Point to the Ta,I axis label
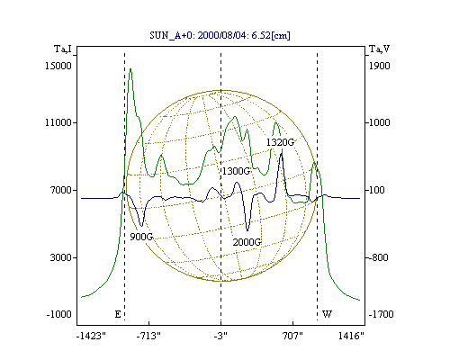point(63,49)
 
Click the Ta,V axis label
point(380,49)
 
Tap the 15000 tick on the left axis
point(58,66)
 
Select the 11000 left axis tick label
point(58,122)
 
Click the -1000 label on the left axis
point(59,314)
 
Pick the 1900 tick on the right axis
point(380,66)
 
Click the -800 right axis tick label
point(378,257)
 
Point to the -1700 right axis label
point(381,314)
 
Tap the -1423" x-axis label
point(91,336)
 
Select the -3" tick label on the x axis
point(220,336)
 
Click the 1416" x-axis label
point(351,336)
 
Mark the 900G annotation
point(141,237)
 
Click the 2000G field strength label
point(247,242)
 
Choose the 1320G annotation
point(281,142)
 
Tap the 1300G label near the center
point(236,171)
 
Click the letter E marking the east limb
point(118,314)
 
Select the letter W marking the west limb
point(327,314)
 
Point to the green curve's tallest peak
point(130,69)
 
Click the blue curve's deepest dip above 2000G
point(247,230)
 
